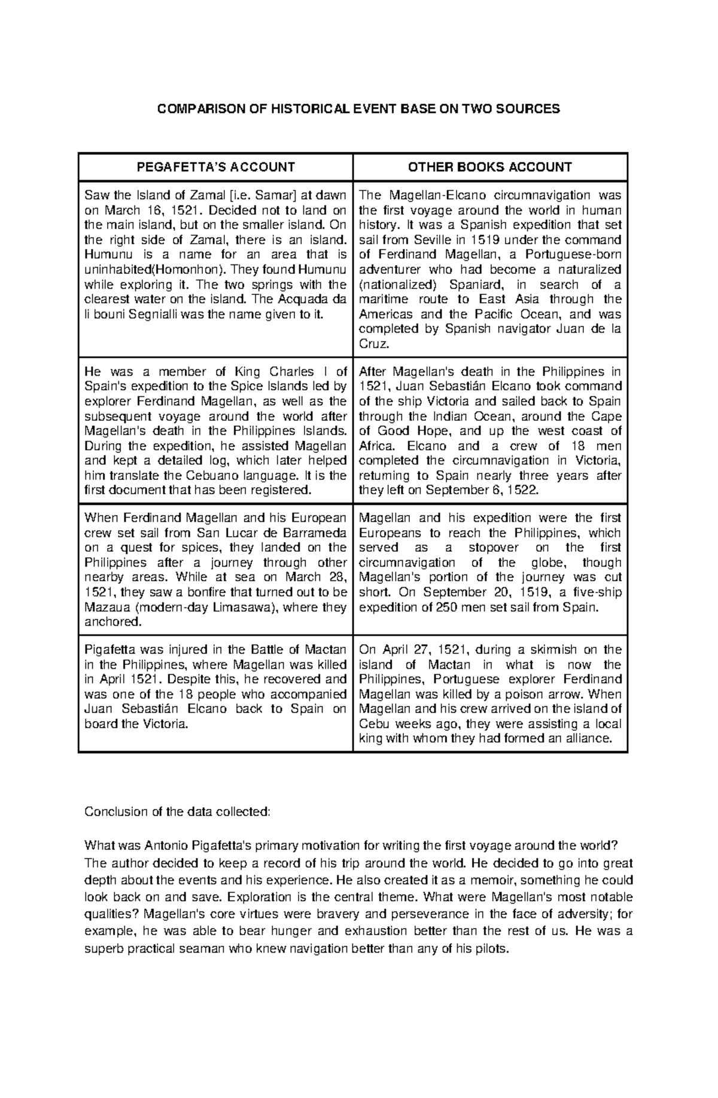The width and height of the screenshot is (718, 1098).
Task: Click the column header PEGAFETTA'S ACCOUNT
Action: [215, 167]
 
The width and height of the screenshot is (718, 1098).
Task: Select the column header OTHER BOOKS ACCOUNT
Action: [490, 167]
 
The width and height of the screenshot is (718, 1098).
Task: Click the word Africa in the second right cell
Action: [377, 446]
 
